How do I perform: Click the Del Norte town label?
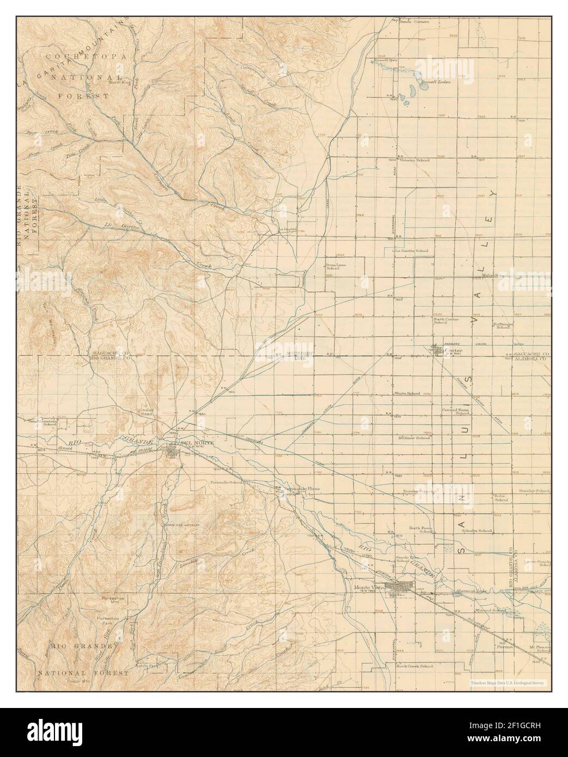pos(196,443)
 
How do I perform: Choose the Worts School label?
pos(407,393)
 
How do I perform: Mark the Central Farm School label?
pos(456,411)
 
